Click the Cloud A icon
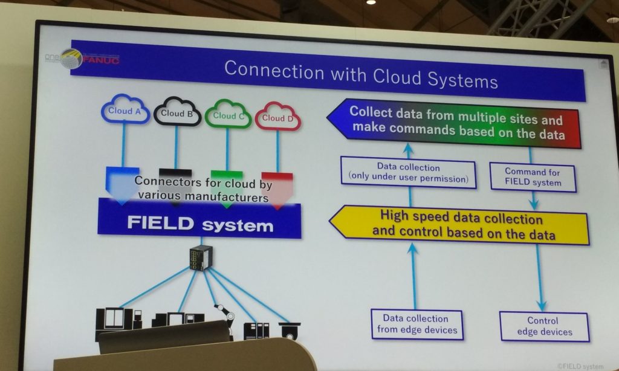pyautogui.click(x=125, y=109)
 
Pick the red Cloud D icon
pyautogui.click(x=278, y=117)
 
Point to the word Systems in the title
pyautogui.click(x=462, y=79)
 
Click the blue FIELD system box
pyautogui.click(x=199, y=219)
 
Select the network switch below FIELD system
pyautogui.click(x=201, y=258)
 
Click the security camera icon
pyautogui.click(x=290, y=331)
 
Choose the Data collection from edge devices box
pyautogui.click(x=417, y=324)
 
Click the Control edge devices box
pyautogui.click(x=545, y=326)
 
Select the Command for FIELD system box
pyautogui.click(x=533, y=177)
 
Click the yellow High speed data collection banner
pyautogui.click(x=459, y=225)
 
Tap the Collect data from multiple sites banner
pyautogui.click(x=454, y=123)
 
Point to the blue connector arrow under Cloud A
pyautogui.click(x=122, y=185)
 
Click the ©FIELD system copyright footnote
pyautogui.click(x=580, y=366)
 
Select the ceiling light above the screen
pyautogui.click(x=371, y=2)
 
